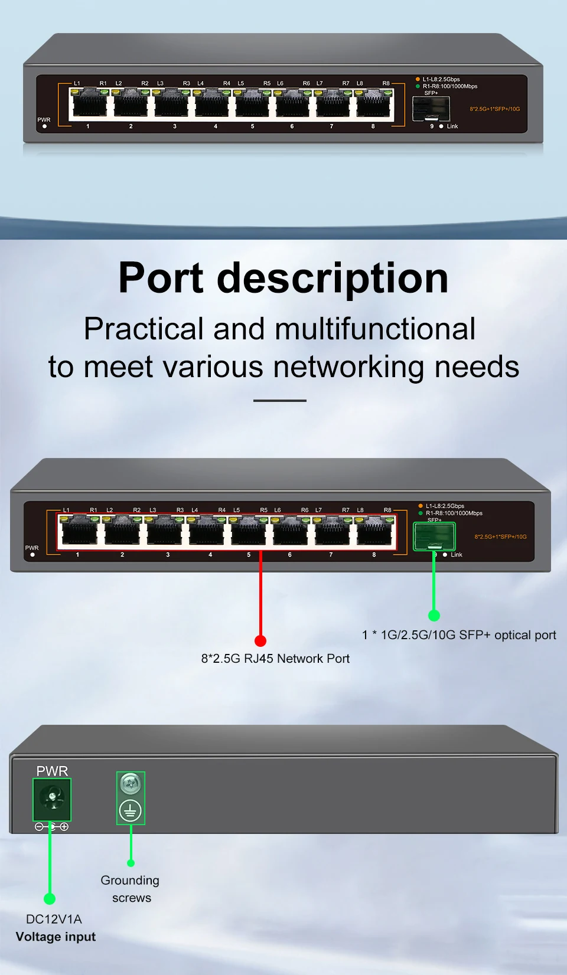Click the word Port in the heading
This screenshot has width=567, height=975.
(x=161, y=278)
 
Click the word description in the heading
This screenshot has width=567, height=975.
(x=333, y=279)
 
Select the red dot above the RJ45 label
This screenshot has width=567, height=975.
(x=260, y=641)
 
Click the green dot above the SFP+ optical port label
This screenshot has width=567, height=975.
(x=434, y=616)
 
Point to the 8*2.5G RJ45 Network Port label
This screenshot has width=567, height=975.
(x=275, y=659)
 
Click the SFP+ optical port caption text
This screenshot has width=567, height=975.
(x=459, y=635)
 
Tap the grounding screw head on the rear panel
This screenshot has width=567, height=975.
(x=131, y=784)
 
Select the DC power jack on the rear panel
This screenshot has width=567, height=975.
(x=52, y=799)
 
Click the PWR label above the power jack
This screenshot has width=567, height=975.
(x=52, y=771)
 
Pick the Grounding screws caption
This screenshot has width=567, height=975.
(x=130, y=889)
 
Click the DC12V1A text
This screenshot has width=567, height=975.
(x=54, y=919)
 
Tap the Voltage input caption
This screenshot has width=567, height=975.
(x=56, y=937)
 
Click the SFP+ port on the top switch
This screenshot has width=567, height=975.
(x=431, y=109)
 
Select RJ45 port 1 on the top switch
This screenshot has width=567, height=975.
(x=89, y=104)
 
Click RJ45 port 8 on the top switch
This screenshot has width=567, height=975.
(x=374, y=104)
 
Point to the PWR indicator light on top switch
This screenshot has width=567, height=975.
(x=44, y=126)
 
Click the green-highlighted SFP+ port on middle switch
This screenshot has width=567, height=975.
(x=434, y=536)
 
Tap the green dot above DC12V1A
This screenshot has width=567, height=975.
(x=50, y=899)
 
